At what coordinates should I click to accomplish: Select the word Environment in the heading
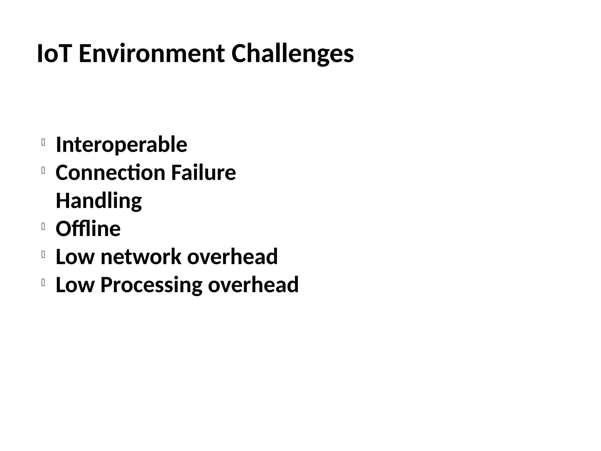[x=152, y=53]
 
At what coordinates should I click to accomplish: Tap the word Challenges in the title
[x=292, y=54]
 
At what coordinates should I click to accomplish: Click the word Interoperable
[x=121, y=144]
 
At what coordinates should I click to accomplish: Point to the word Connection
[x=110, y=172]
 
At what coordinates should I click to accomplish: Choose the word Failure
[x=203, y=172]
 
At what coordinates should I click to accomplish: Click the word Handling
[x=99, y=201]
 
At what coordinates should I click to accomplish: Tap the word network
[x=141, y=257]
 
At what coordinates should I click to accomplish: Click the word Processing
[x=151, y=285]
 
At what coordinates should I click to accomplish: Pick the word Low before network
[x=75, y=257]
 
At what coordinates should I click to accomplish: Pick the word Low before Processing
[x=75, y=285]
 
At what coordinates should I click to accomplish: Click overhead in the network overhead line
[x=232, y=257]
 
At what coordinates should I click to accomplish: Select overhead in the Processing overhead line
[x=253, y=285]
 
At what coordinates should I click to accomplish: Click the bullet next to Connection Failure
[x=43, y=170]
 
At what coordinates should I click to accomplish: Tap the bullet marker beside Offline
[x=43, y=226]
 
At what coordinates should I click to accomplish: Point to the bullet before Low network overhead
[x=43, y=255]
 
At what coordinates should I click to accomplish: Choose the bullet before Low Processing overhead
[x=43, y=282]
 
